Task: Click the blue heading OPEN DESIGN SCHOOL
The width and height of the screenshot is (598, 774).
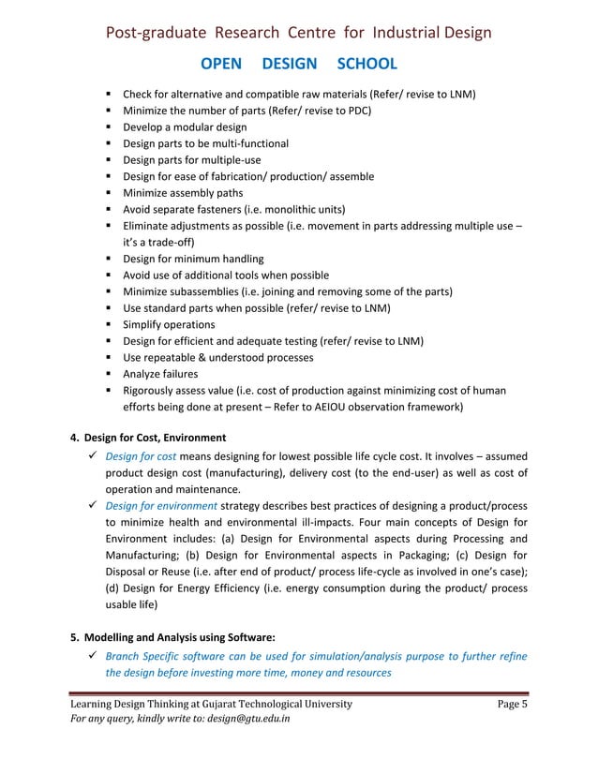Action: point(299,64)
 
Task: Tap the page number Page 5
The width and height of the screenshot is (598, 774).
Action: point(512,704)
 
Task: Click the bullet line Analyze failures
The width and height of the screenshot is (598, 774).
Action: point(160,374)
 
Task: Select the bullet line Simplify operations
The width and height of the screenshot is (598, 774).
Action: point(170,324)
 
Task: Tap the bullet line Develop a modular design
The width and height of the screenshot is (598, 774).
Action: point(185,127)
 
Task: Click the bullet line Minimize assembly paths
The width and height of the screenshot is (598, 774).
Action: point(183,192)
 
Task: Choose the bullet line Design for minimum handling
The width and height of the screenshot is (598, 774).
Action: point(193,259)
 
